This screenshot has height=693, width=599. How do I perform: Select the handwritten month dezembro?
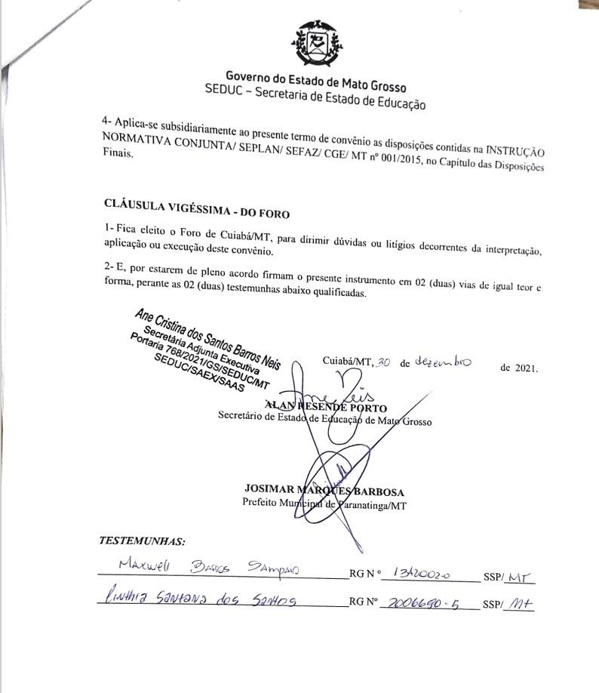click(443, 362)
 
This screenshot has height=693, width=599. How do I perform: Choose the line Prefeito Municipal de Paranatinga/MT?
click(324, 505)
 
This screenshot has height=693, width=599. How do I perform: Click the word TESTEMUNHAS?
click(142, 541)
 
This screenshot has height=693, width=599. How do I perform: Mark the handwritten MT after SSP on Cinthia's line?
click(519, 604)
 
